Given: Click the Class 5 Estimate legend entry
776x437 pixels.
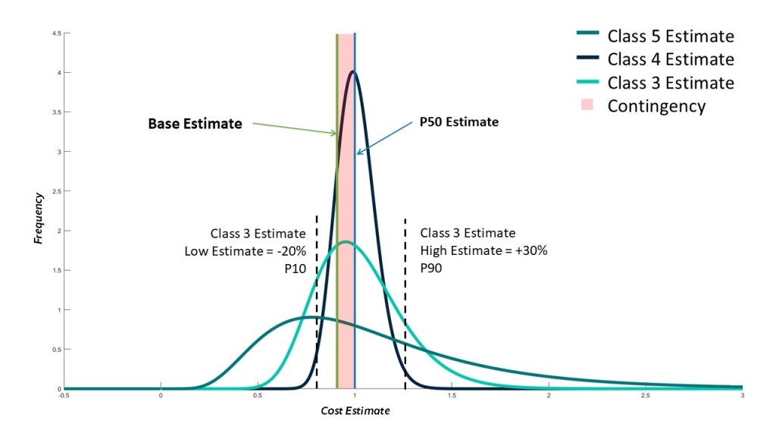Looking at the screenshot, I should [671, 36].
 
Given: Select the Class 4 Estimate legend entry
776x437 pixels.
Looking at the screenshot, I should [671, 59].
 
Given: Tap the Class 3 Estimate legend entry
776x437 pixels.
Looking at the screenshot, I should [671, 83].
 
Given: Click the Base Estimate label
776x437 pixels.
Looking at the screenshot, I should [195, 123].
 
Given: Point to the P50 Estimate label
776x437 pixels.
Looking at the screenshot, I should [459, 121].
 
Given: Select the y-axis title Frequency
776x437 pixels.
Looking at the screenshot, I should [39, 218].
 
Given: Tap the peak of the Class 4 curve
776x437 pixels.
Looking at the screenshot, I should [353, 72].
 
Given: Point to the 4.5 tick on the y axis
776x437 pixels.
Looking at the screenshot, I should [56, 34].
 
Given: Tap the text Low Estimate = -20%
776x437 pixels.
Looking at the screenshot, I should [245, 251].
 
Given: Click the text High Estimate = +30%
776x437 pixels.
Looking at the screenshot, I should [483, 251].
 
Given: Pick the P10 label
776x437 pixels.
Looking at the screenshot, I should [294, 269].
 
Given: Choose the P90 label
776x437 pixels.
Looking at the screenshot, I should [433, 269].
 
